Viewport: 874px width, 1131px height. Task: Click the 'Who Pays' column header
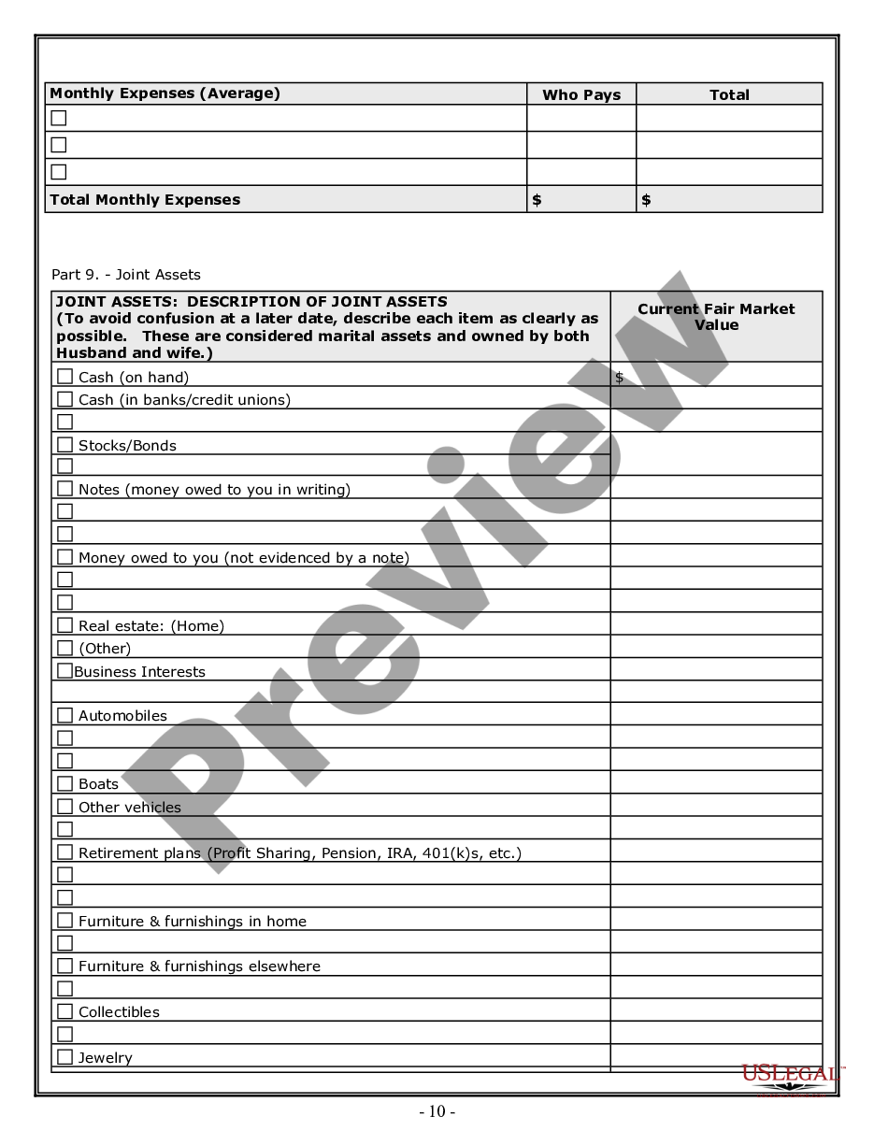pyautogui.click(x=581, y=94)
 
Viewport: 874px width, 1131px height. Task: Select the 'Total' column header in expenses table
pyautogui.click(x=729, y=94)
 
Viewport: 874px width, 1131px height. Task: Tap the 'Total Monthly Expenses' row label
pyautogui.click(x=145, y=199)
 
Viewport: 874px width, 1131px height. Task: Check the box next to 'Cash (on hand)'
pyautogui.click(x=64, y=376)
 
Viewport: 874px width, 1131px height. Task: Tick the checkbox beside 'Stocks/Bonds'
pyautogui.click(x=64, y=444)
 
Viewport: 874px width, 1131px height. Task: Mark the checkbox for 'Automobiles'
pyautogui.click(x=64, y=714)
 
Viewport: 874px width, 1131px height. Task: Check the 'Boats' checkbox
pyautogui.click(x=64, y=782)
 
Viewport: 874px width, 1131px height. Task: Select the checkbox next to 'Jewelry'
pyautogui.click(x=64, y=1056)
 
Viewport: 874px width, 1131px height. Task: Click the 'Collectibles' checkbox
pyautogui.click(x=64, y=1010)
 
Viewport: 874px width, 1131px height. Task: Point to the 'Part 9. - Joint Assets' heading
pyautogui.click(x=126, y=274)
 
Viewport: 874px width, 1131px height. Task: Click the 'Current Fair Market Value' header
pyautogui.click(x=716, y=317)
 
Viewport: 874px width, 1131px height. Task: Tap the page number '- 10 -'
pyautogui.click(x=437, y=1111)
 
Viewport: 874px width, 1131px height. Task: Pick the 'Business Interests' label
pyautogui.click(x=139, y=671)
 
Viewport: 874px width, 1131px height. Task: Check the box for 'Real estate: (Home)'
pyautogui.click(x=64, y=624)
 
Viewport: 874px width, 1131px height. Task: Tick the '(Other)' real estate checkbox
pyautogui.click(x=64, y=647)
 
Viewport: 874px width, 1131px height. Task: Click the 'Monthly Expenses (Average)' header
pyautogui.click(x=165, y=93)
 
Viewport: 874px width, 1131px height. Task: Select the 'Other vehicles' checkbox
pyautogui.click(x=64, y=806)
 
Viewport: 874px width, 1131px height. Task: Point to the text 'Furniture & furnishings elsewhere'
pyautogui.click(x=199, y=966)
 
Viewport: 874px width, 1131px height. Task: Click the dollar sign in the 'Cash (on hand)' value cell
pyautogui.click(x=619, y=377)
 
